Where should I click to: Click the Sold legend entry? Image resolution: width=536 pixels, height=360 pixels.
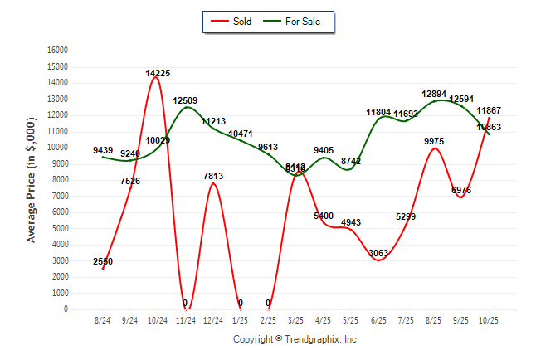click(235, 21)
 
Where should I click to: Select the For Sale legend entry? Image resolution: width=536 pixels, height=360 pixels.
click(296, 21)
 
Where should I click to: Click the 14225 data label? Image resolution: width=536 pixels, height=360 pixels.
click(158, 73)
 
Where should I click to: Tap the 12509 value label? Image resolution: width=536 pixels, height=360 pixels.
click(185, 100)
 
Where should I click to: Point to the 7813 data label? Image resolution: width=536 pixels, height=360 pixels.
click(212, 176)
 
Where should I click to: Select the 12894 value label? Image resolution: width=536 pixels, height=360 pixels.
click(433, 95)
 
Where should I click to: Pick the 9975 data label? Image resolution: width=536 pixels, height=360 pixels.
click(433, 141)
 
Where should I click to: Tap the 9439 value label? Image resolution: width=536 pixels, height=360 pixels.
click(103, 150)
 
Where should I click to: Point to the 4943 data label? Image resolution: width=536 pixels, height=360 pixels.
click(350, 222)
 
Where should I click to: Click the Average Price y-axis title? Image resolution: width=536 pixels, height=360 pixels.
click(32, 178)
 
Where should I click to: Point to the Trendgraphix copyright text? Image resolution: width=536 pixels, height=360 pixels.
click(295, 338)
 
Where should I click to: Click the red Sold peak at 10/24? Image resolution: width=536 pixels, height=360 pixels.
click(156, 77)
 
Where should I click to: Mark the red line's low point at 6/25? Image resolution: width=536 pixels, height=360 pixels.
click(378, 260)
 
